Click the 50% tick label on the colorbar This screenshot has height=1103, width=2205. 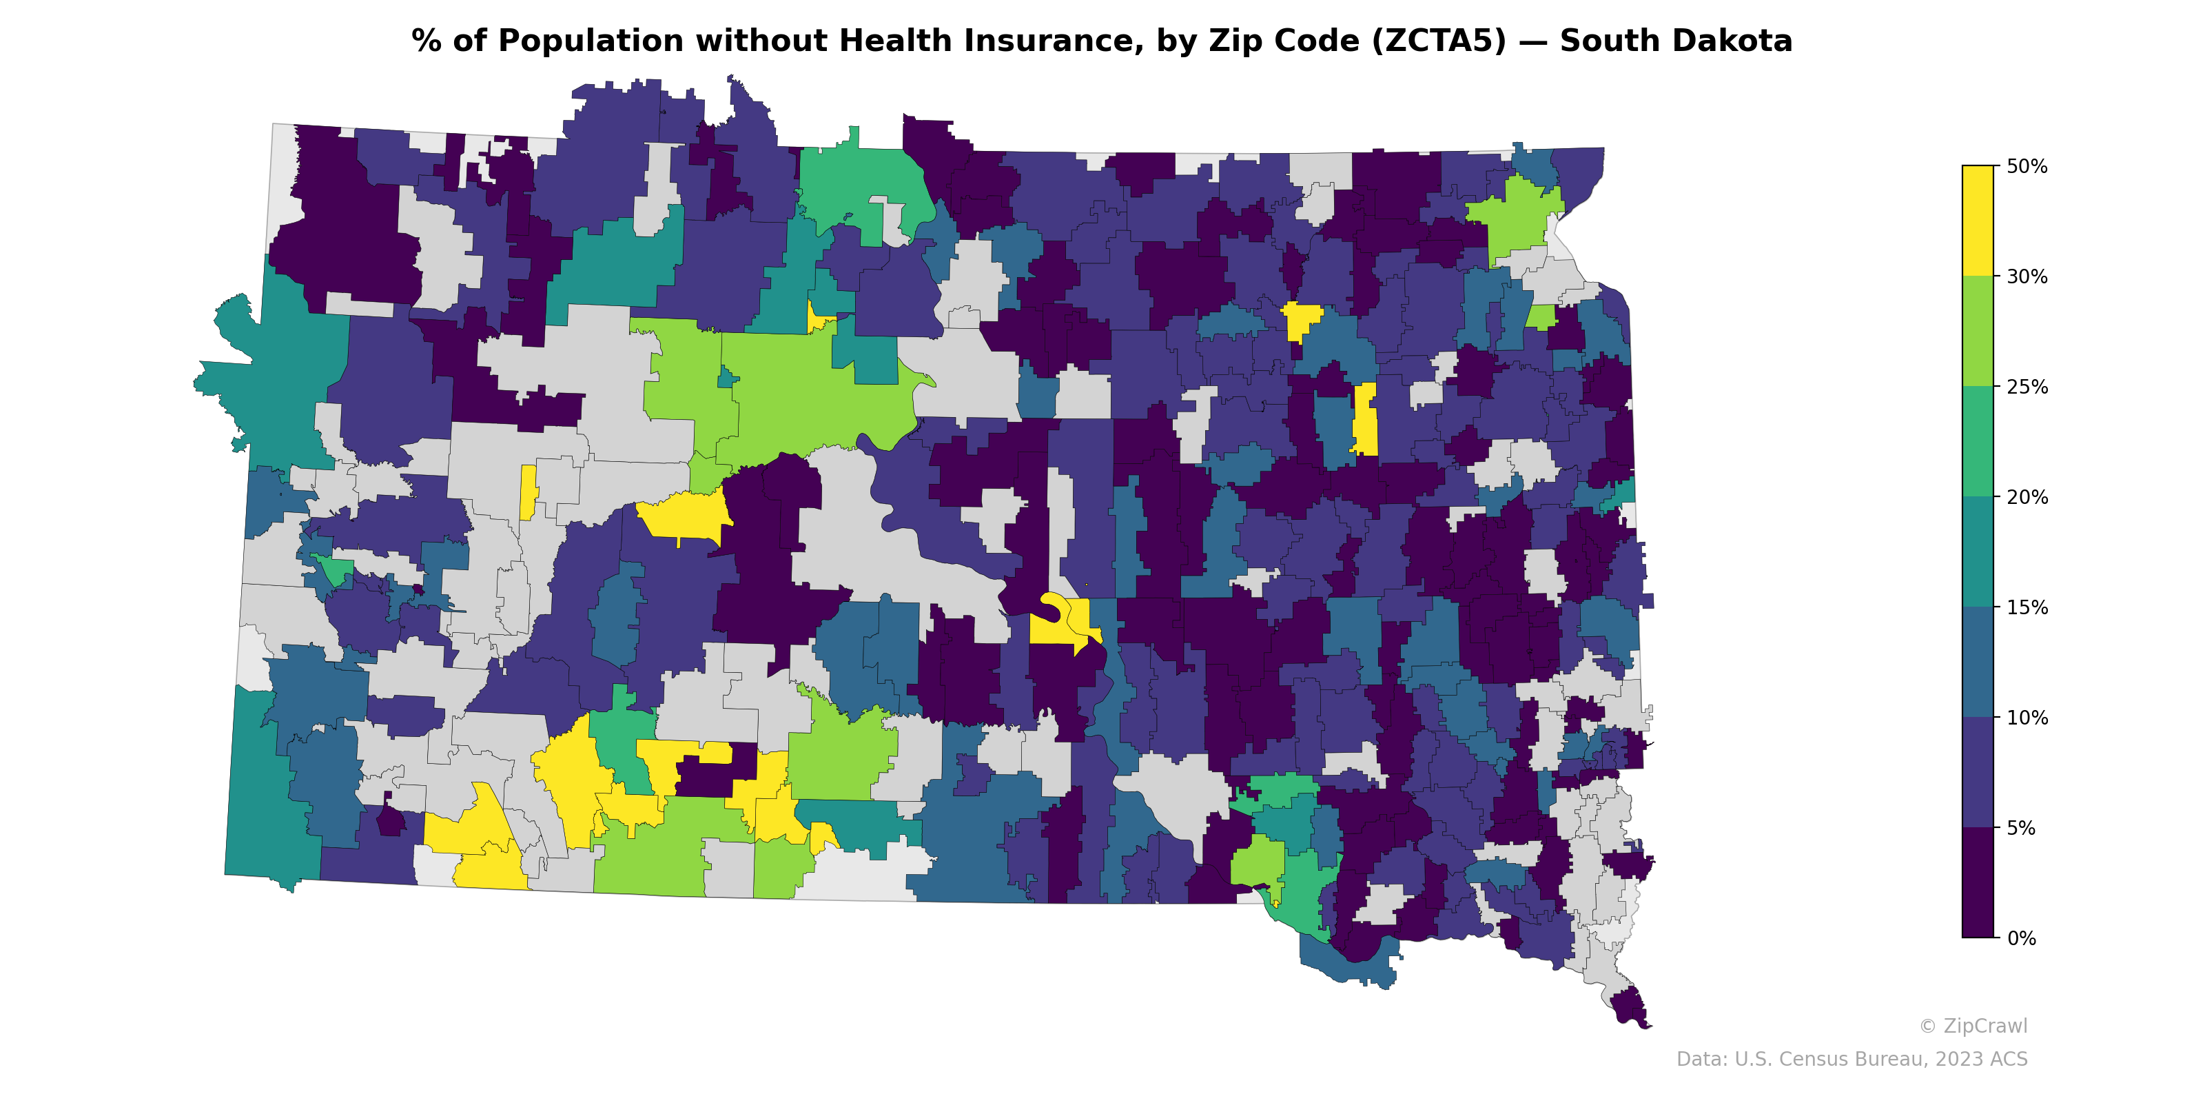[2025, 166]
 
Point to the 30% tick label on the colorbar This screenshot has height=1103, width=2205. [2025, 276]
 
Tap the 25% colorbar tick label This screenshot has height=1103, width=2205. [2025, 387]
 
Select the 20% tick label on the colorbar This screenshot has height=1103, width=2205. [2025, 498]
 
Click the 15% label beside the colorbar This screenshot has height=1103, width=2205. [2025, 608]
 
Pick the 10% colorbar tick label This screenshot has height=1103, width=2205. [2025, 718]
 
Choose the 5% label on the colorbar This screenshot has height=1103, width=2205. [2020, 828]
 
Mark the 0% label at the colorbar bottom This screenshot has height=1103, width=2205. [2020, 938]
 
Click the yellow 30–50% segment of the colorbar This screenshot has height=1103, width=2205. [1978, 221]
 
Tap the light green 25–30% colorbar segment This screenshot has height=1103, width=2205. [1978, 332]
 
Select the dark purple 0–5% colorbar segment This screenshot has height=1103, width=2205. [1978, 883]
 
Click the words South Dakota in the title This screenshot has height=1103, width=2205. [1675, 41]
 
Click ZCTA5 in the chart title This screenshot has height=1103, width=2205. [1438, 41]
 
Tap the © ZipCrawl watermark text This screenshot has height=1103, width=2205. [1973, 1026]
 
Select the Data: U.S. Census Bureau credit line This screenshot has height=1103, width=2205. [1852, 1060]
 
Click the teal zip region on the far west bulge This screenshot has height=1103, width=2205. [274, 377]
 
